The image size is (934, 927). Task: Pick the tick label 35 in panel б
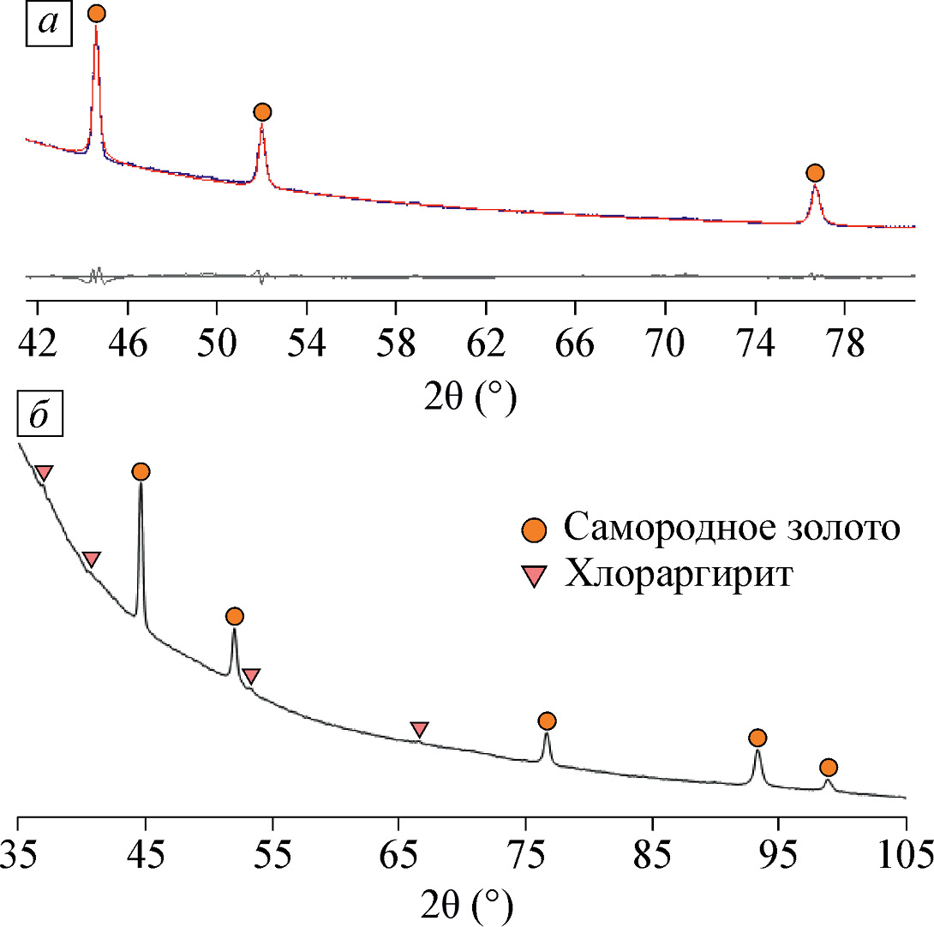pos(19,856)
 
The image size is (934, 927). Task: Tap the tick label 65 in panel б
pos(398,856)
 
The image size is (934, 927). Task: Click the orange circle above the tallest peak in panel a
pos(96,14)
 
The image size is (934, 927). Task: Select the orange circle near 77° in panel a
pos(815,173)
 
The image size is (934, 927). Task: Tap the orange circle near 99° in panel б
pos(828,767)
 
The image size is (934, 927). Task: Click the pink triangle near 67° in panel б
pos(419,729)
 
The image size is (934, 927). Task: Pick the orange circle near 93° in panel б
pos(757,738)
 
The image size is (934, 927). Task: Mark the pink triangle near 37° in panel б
pos(44,473)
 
